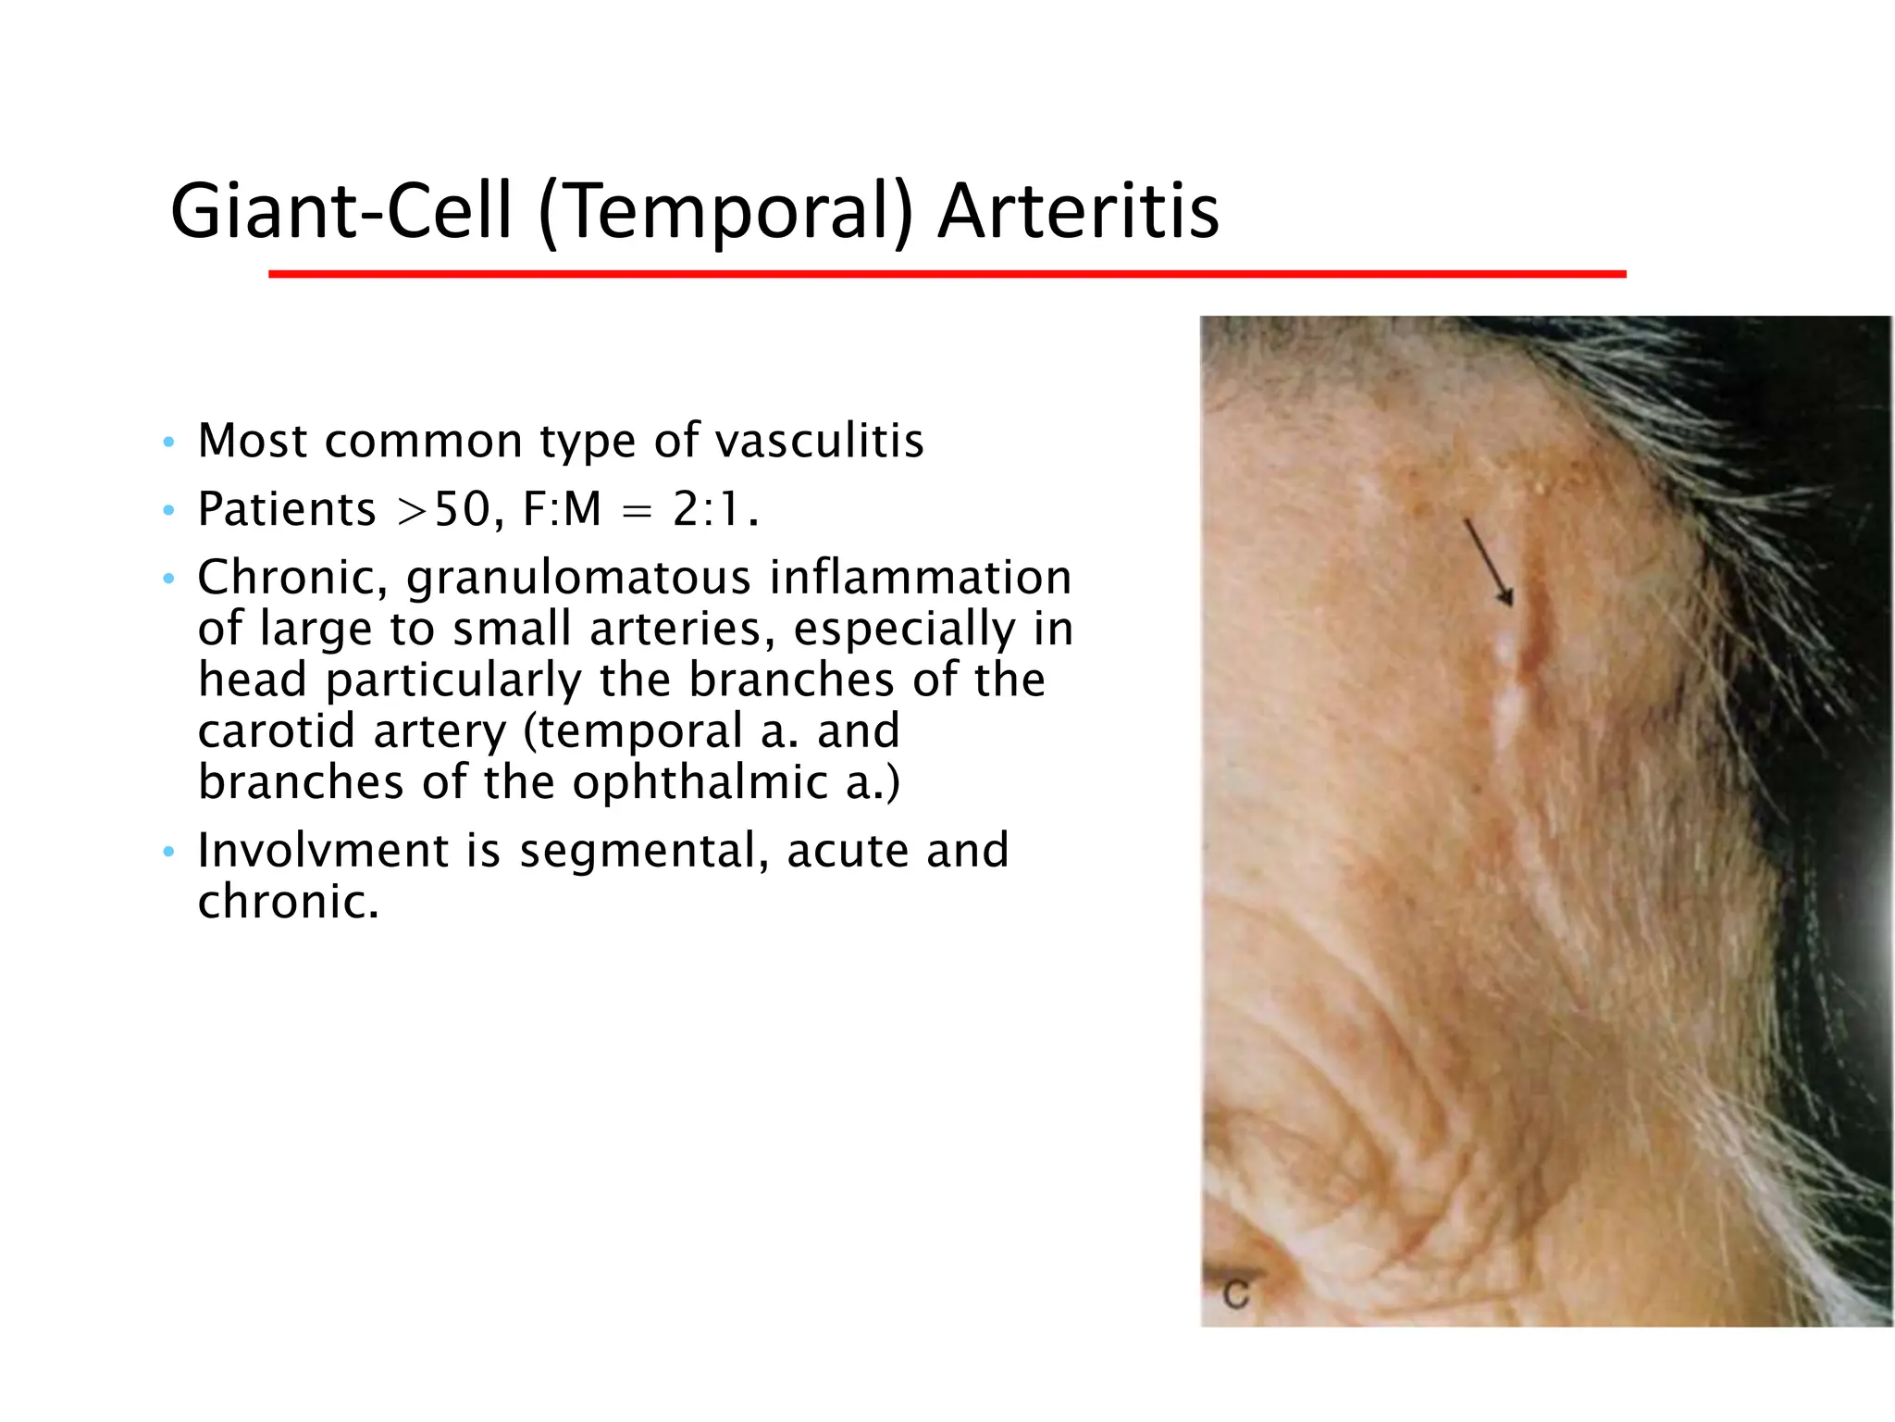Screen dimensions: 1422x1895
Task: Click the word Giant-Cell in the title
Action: tap(341, 211)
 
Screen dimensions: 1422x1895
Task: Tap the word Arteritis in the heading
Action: tap(1078, 211)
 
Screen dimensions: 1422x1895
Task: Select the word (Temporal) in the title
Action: tap(725, 211)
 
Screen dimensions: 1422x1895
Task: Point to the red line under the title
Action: tap(947, 274)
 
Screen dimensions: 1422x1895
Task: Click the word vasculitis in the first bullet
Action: tap(820, 441)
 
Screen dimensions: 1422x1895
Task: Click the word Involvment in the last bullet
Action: tap(322, 850)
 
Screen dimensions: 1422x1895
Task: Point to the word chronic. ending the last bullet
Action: tap(288, 902)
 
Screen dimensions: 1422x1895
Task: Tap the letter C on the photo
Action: tap(1237, 1293)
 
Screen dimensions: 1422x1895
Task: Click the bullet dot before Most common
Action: tap(167, 443)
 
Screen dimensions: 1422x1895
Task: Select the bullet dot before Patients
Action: tap(167, 511)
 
